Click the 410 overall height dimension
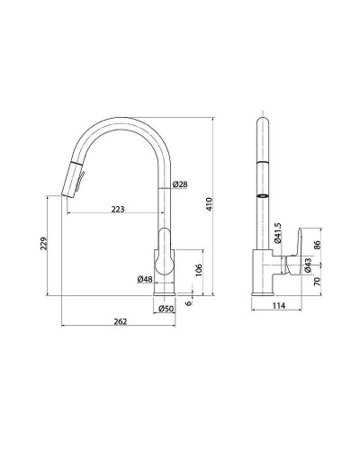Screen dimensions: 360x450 210,204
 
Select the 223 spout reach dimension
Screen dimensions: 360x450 118,209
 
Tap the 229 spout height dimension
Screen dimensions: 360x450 44,243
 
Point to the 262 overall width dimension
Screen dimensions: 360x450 121,321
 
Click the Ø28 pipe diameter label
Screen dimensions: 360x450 180,184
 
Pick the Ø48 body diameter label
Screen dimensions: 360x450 145,279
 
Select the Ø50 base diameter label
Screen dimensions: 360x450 166,308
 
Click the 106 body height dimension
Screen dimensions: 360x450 199,270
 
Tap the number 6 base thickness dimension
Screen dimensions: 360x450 188,303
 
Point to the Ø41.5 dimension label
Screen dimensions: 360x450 277,233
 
